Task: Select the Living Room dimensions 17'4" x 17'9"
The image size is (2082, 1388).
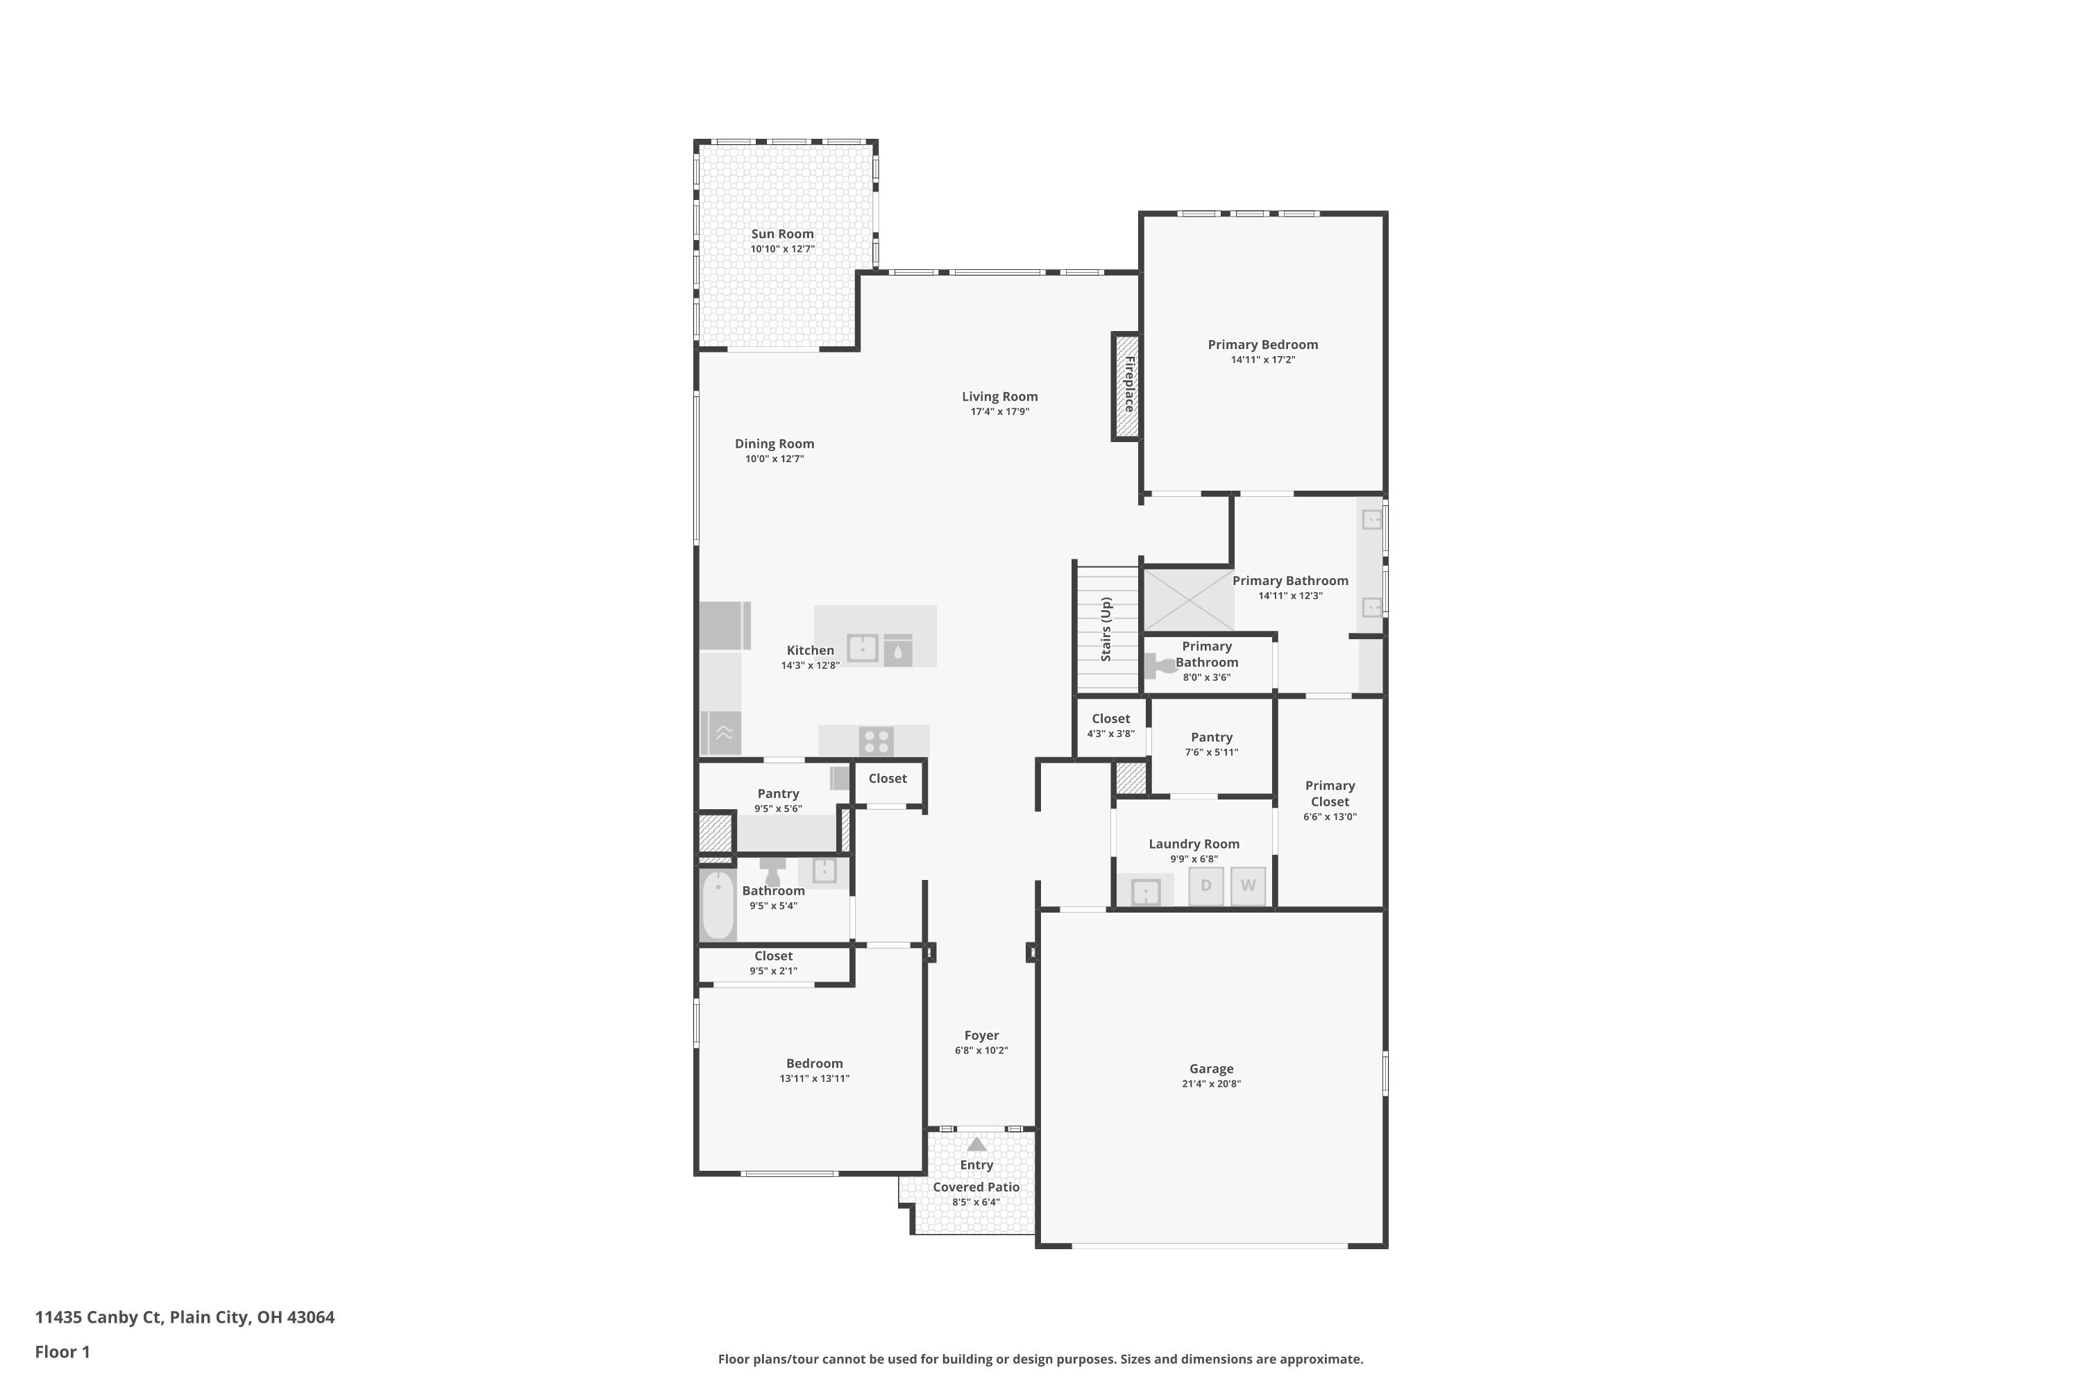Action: [999, 412]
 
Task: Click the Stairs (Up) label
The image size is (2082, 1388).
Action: [1106, 629]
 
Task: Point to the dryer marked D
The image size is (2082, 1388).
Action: [1205, 886]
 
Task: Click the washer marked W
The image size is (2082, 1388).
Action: [1247, 886]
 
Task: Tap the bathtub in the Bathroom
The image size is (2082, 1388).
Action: [718, 905]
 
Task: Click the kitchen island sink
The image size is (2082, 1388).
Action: [862, 648]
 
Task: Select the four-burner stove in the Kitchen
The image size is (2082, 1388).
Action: [875, 741]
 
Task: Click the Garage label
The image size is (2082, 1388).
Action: [1211, 1069]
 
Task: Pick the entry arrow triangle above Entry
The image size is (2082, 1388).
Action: [976, 1144]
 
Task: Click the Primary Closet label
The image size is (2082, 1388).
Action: [1330, 793]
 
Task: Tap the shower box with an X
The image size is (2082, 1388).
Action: [1188, 600]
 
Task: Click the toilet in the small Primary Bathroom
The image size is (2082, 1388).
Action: [1157, 664]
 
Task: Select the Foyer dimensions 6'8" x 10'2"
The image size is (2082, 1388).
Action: [981, 1051]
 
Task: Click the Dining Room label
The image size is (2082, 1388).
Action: [774, 443]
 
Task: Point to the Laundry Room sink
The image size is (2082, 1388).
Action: [1146, 891]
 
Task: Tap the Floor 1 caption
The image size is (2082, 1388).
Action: [62, 1352]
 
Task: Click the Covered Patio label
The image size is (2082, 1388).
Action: [976, 1187]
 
